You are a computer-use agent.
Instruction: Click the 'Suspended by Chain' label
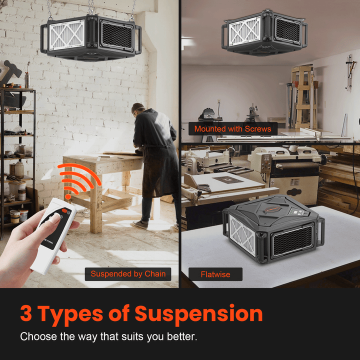[128, 274]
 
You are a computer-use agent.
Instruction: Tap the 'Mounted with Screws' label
[232, 129]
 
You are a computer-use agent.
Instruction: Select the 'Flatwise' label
[215, 274]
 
